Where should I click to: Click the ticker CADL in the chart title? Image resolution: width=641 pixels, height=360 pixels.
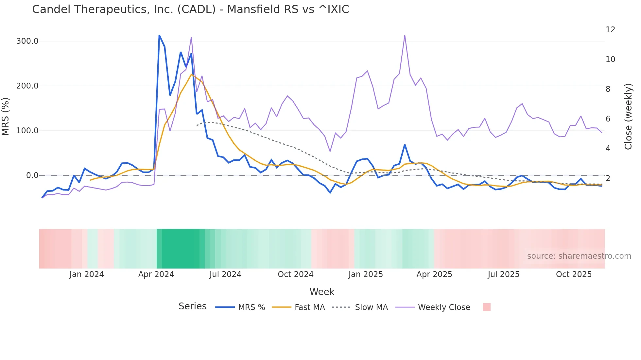196,9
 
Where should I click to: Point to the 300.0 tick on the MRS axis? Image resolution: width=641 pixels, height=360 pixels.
27,41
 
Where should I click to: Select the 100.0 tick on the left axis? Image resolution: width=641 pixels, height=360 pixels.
27,131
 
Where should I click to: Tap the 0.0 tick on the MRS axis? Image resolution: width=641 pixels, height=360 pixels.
32,175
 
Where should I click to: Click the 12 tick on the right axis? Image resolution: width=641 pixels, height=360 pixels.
610,30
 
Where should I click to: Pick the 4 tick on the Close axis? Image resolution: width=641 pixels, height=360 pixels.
608,149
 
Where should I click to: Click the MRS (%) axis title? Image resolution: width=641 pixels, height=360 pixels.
6,116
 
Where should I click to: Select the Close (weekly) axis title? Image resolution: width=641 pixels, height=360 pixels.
628,117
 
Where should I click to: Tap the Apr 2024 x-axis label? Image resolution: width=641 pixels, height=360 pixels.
156,274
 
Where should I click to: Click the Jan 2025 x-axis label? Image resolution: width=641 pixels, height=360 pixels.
365,274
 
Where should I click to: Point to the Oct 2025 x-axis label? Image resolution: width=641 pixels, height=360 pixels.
574,274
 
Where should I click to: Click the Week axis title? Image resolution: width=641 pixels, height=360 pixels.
322,292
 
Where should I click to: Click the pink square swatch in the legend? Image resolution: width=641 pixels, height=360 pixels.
486,307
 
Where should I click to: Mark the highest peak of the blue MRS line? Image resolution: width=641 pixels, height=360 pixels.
159,36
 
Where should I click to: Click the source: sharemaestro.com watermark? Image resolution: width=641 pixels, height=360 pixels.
579,256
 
